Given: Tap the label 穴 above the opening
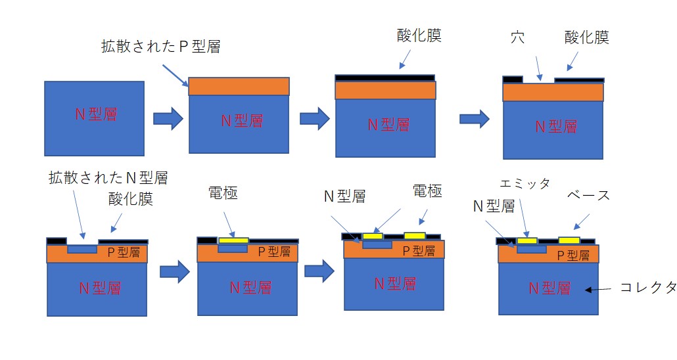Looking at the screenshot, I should pos(517,37).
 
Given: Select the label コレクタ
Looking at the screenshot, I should pos(648,287).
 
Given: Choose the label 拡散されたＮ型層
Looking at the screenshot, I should pos(108,177).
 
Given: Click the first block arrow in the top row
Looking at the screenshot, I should pos(168,118).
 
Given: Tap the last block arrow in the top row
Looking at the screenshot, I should pos(474,118).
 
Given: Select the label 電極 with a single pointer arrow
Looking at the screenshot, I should pos(223,192).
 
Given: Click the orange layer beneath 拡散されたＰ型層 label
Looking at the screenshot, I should pos(239,87).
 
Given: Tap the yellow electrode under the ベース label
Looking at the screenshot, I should pos(569,240).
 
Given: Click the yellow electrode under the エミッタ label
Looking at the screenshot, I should pos(527,241).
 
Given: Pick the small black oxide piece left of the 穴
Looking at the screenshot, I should pos(513,79).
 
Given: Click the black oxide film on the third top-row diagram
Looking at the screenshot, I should pos(385,78).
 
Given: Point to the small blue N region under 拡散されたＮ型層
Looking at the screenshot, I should pos(81,250).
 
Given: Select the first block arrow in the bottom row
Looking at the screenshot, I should pos(174,271).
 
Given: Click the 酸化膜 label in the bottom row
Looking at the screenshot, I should pos(131,199).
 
